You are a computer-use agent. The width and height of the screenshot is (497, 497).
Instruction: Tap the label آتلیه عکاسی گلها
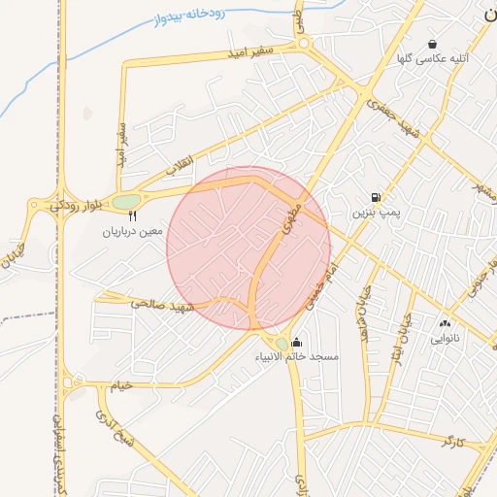click(433, 59)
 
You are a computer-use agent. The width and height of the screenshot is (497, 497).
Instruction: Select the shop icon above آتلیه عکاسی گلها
click(432, 44)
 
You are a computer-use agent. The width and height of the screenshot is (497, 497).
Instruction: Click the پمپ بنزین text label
click(376, 211)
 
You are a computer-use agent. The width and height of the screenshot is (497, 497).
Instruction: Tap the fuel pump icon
click(376, 196)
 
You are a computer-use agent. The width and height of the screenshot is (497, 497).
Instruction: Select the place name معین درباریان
click(136, 233)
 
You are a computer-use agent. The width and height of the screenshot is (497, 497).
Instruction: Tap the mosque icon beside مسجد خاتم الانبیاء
click(296, 342)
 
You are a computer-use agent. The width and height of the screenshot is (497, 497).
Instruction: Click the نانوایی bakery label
click(445, 339)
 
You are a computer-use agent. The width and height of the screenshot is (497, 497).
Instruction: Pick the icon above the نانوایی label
click(445, 323)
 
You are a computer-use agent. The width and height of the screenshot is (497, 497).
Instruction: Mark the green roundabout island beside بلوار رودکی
click(125, 202)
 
